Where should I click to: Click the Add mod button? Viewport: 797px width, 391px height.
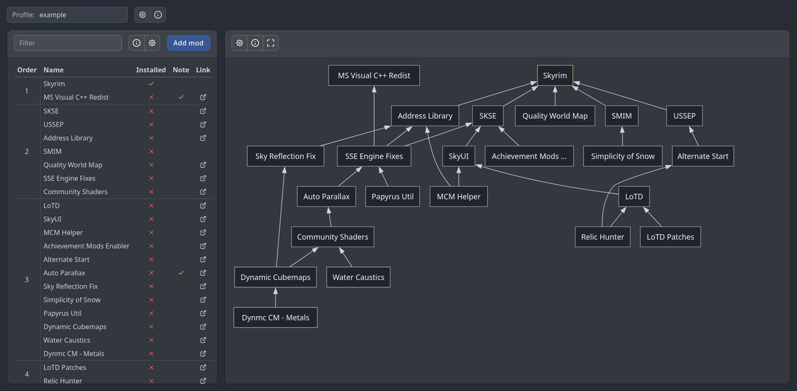(x=188, y=43)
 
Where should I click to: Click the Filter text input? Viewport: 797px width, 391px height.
(x=68, y=43)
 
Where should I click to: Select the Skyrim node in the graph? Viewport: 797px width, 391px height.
(x=555, y=75)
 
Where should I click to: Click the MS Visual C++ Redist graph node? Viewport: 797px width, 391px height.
(x=374, y=75)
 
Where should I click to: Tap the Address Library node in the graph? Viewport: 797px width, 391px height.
(x=425, y=116)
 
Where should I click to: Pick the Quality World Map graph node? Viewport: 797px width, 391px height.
(x=555, y=116)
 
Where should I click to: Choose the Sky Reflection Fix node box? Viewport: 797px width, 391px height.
(x=285, y=156)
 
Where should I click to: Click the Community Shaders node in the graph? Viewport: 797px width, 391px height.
(x=332, y=237)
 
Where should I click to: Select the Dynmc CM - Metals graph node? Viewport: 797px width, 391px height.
(x=275, y=318)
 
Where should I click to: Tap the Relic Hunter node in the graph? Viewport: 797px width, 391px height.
(x=602, y=237)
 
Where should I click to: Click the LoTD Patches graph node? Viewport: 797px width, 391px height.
(x=670, y=237)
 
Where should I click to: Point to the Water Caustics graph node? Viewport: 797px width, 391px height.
(x=358, y=277)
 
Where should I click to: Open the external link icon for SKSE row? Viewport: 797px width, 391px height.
(x=203, y=111)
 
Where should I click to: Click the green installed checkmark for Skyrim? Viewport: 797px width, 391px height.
(x=151, y=83)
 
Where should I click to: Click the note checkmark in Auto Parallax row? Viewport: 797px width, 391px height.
(x=181, y=273)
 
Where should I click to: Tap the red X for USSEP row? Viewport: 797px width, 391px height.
(x=151, y=125)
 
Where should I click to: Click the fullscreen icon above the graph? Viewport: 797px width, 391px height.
(x=271, y=43)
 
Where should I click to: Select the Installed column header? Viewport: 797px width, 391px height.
(x=151, y=70)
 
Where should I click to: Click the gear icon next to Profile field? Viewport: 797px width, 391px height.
(x=143, y=15)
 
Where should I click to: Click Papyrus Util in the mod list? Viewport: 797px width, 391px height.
(x=62, y=313)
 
